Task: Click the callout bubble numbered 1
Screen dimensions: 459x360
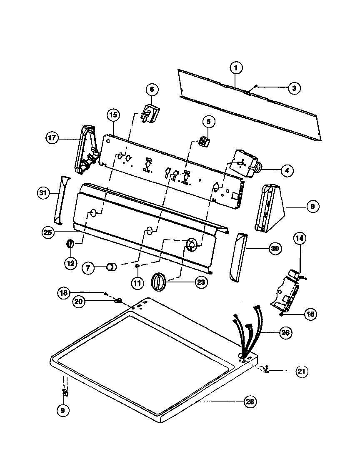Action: pos(235,67)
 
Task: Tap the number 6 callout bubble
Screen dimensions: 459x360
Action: pos(152,89)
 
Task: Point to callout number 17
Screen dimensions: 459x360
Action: pos(52,138)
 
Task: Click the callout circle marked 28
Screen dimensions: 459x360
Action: pos(250,402)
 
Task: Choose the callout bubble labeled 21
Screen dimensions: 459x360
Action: pos(302,371)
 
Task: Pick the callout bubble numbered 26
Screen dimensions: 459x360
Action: pos(285,332)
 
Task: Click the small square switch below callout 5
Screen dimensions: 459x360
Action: pos(204,142)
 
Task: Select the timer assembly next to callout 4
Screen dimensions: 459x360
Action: pos(242,164)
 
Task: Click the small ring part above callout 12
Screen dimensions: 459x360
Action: pos(70,243)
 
